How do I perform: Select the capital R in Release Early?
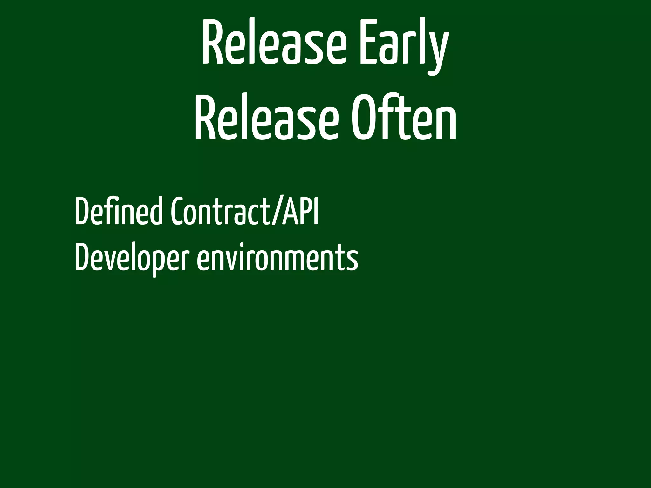[211, 43]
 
